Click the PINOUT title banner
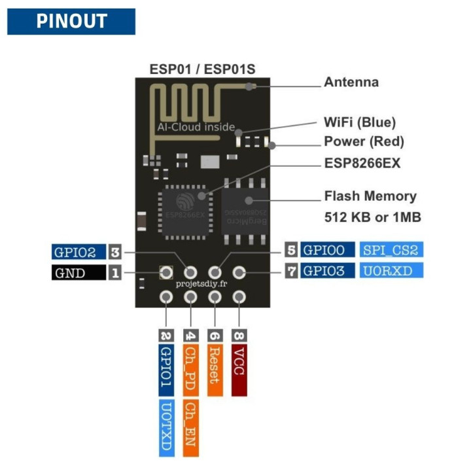point(71,21)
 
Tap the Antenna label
point(351,82)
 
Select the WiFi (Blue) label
point(360,122)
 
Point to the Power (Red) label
point(364,141)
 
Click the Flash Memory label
point(370,196)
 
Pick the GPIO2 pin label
point(78,252)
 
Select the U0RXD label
point(391,270)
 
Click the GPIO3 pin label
point(328,270)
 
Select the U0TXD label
point(166,428)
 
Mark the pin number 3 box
point(115,252)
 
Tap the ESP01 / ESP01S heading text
point(202,69)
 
